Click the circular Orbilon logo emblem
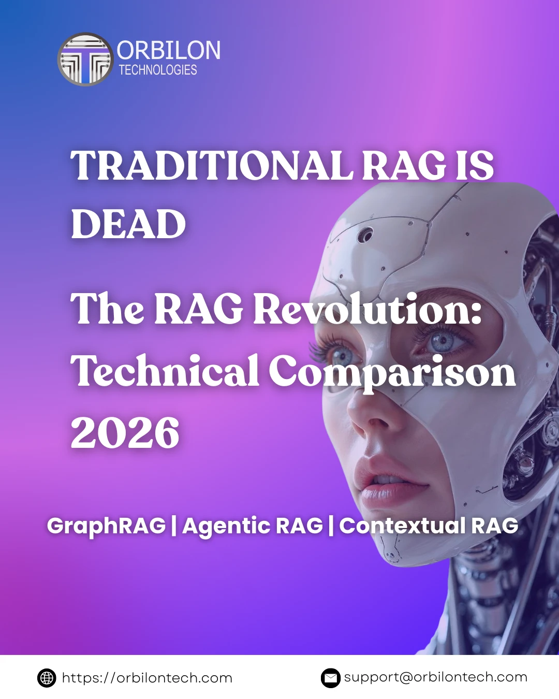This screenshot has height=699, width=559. click(x=85, y=60)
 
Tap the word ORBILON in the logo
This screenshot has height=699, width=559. click(x=169, y=51)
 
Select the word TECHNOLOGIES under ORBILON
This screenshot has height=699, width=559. click(x=158, y=70)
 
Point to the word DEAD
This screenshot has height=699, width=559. click(x=128, y=224)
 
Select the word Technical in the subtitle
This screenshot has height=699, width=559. click(x=165, y=371)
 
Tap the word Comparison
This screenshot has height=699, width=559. click(x=392, y=372)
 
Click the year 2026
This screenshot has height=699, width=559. click(x=125, y=433)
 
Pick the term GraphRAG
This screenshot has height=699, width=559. click(x=106, y=526)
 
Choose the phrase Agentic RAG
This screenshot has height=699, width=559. click(x=253, y=526)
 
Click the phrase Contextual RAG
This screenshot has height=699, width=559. click(x=429, y=526)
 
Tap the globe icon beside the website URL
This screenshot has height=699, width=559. click(x=47, y=678)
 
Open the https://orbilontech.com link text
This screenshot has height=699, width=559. click(x=147, y=678)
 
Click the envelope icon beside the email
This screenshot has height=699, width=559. click(x=330, y=678)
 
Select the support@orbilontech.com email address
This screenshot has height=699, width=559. click(x=435, y=677)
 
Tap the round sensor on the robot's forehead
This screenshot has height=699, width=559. click(x=365, y=235)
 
